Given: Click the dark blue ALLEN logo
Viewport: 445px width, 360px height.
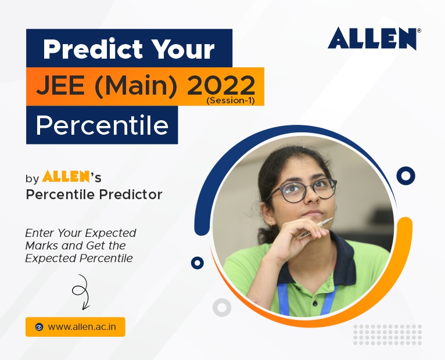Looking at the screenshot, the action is pos(374,38).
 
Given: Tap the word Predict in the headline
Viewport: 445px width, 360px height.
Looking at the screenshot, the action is pos(93,49).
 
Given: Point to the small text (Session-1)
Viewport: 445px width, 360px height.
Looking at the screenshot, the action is pos(231,100).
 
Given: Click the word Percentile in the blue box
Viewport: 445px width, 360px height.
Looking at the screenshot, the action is pos(102,125).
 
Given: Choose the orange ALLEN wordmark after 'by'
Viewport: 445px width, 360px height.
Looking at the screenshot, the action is pos(66,176).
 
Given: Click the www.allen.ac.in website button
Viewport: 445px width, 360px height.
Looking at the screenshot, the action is pos(75,327).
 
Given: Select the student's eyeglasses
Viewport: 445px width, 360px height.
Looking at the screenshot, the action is pos(302,190).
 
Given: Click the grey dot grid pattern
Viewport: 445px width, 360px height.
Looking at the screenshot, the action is pos(387,335).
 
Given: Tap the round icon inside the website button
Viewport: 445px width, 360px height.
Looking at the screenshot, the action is pos(39,327).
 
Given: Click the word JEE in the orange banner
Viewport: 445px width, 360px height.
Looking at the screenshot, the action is pos(60,85).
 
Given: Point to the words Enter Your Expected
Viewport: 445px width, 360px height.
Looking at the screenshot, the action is pos(81,233).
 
